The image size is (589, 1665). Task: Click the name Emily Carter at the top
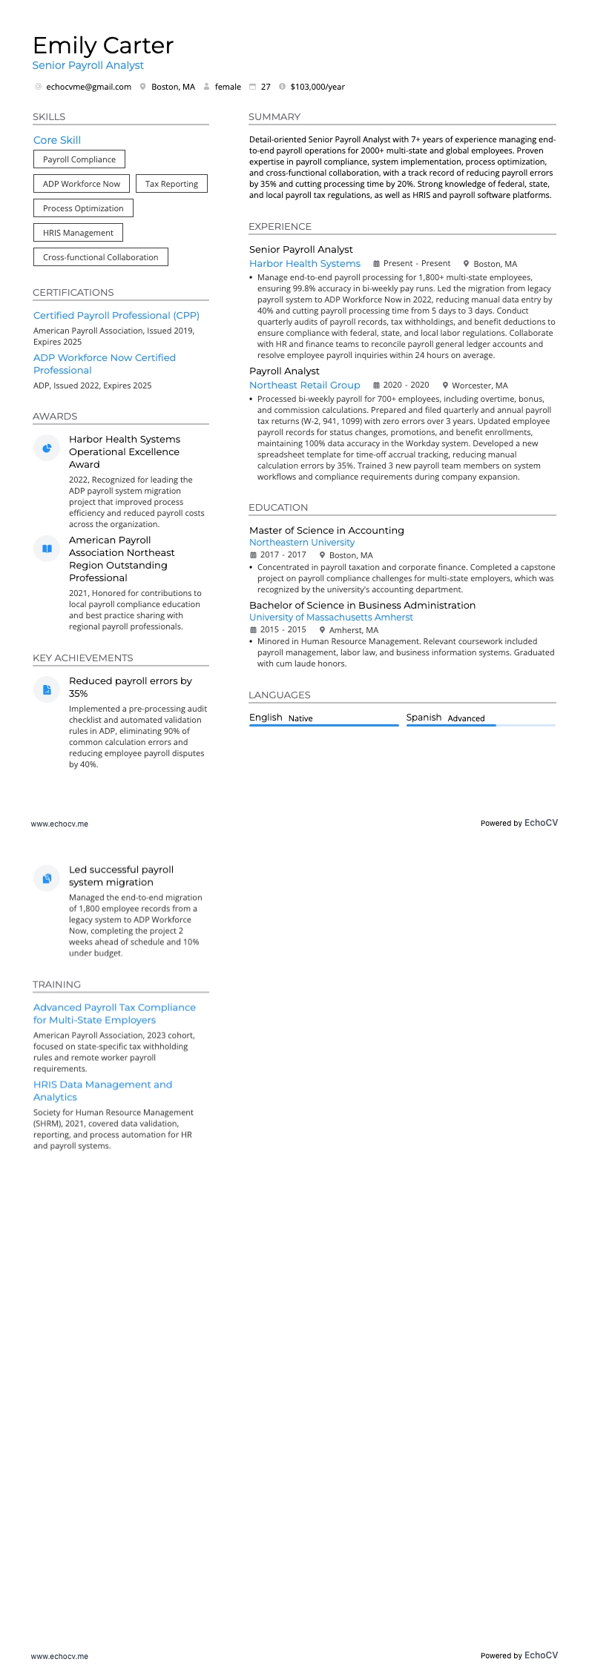[x=103, y=46]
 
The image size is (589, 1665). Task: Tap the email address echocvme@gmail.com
[x=88, y=87]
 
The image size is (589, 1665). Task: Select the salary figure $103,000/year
[x=317, y=87]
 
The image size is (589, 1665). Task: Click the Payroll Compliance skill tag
[x=79, y=159]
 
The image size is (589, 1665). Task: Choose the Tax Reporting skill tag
[x=171, y=184]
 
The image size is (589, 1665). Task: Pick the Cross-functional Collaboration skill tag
[x=100, y=257]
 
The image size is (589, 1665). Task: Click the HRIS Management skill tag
[x=78, y=233]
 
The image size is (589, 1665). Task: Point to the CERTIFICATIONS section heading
[x=73, y=293]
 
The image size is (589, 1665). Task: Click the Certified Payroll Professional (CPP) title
[x=116, y=316]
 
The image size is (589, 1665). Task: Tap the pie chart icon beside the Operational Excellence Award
[x=47, y=448]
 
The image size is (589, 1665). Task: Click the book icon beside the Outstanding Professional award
[x=47, y=549]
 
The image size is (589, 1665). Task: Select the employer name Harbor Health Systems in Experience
[x=305, y=264]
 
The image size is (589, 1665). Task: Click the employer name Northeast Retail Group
[x=305, y=385]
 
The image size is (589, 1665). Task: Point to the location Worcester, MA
[x=479, y=385]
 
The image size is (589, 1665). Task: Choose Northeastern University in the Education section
[x=302, y=543]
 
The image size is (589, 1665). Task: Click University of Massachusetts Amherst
[x=331, y=618]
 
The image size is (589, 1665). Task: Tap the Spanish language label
[x=424, y=718]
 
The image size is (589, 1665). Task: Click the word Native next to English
[x=300, y=718]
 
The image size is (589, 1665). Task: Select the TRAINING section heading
[x=57, y=984]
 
